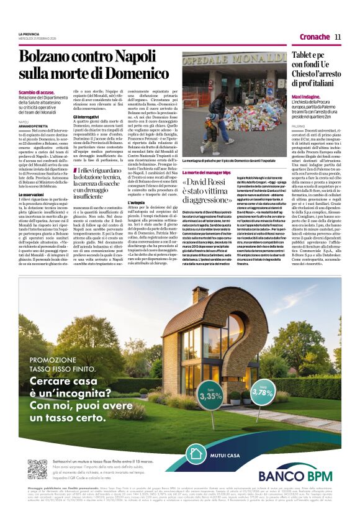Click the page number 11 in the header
click(x=338, y=37)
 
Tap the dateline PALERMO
click(x=299, y=125)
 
